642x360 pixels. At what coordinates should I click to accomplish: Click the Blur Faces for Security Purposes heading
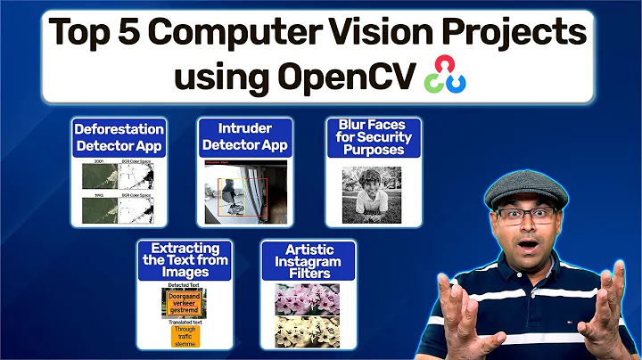pos(374,137)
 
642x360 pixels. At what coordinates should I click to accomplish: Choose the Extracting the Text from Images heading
pos(183,258)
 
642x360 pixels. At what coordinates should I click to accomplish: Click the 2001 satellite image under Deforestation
pos(98,178)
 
